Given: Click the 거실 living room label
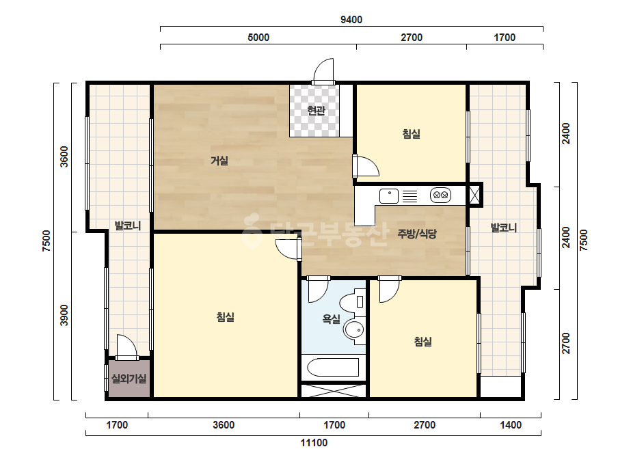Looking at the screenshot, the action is (219, 161).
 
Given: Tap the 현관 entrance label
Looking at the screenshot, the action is (316, 110).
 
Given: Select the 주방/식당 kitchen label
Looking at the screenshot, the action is (417, 234).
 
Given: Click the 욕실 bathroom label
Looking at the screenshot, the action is (331, 319).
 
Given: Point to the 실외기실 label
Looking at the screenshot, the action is (129, 379).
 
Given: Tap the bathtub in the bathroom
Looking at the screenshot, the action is (333, 367).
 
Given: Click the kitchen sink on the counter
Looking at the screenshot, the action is (389, 196).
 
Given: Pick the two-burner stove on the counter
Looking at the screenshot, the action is (441, 195).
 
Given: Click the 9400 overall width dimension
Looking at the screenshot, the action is (351, 20).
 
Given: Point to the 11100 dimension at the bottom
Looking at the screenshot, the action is (314, 443).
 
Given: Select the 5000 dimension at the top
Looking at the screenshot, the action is (258, 38).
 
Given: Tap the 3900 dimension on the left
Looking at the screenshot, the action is (64, 316).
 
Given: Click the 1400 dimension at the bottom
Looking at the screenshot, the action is (511, 425).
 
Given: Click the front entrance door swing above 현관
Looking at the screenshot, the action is (323, 71).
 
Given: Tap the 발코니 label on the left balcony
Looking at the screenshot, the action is (128, 226).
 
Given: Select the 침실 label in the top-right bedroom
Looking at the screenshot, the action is (412, 134).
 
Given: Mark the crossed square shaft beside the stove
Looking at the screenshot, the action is (474, 195).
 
